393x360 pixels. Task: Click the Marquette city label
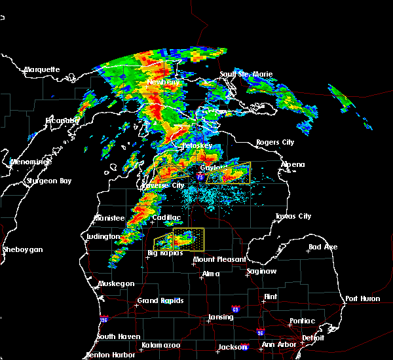(x=42, y=69)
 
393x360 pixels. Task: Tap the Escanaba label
(x=62, y=120)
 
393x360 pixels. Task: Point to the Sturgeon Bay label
(x=48, y=181)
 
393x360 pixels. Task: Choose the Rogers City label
(x=275, y=142)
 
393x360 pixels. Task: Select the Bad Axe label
(x=323, y=247)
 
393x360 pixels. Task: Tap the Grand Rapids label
(x=160, y=301)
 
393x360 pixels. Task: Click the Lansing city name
(x=220, y=317)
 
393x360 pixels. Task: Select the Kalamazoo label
(x=160, y=345)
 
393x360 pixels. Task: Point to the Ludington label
(x=103, y=236)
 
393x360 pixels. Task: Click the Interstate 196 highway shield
(x=104, y=319)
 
